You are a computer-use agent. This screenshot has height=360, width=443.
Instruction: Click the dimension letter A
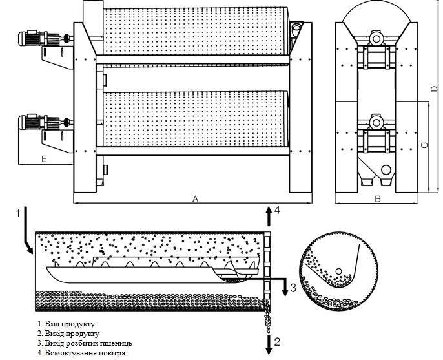tap(194, 199)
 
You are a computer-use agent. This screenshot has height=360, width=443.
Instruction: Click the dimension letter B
tap(377, 199)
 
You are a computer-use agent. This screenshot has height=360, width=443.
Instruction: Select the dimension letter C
tap(424, 146)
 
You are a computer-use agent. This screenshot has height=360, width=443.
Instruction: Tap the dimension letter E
tap(44, 158)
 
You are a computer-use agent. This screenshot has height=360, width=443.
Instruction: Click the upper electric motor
tap(30, 39)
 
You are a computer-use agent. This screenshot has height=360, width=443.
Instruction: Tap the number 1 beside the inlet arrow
tap(18, 212)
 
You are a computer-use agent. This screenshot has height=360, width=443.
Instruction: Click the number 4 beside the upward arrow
tap(277, 211)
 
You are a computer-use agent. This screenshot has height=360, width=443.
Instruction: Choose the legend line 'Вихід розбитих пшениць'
tap(85, 343)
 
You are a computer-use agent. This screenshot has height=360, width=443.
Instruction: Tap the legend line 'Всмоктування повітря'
tap(80, 354)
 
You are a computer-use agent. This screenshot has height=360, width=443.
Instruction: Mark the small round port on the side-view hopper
tap(386, 170)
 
